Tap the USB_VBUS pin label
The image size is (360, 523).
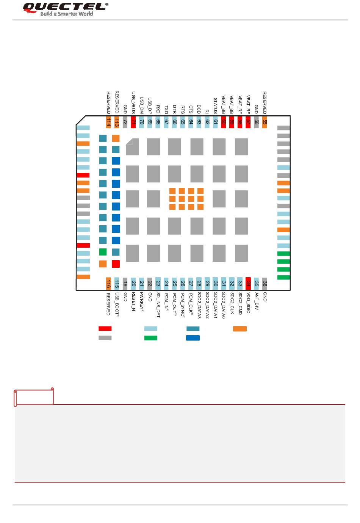click(133, 102)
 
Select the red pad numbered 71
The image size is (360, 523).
click(133, 122)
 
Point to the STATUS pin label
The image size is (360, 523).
click(215, 106)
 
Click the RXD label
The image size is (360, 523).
click(158, 109)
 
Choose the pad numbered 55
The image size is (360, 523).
click(265, 122)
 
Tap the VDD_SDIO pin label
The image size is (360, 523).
click(248, 303)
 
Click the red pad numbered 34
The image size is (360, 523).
click(248, 283)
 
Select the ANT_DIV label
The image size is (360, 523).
click(257, 302)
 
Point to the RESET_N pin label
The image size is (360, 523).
click(133, 302)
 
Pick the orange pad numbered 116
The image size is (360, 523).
click(108, 283)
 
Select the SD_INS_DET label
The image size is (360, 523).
click(158, 305)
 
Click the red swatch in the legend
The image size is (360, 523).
click(105, 328)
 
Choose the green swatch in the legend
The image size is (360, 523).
click(151, 338)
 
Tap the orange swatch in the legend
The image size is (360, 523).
click(239, 328)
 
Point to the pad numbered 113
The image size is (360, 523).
click(117, 122)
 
